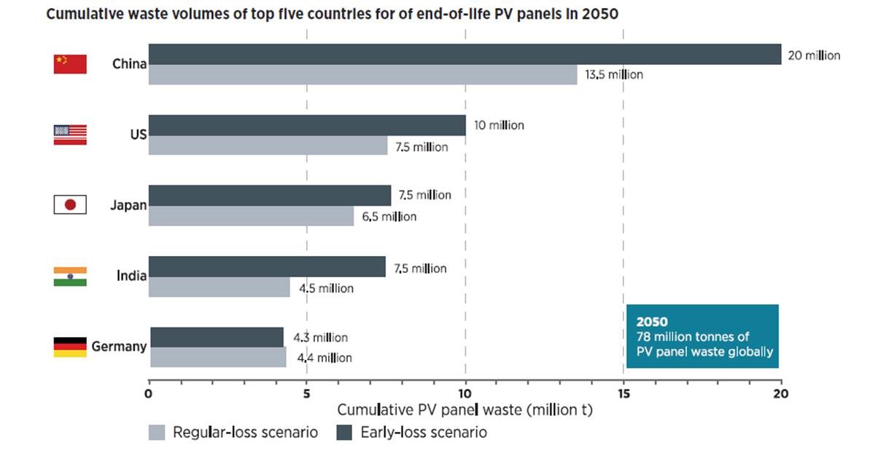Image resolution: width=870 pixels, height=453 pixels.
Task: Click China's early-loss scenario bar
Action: tap(465, 54)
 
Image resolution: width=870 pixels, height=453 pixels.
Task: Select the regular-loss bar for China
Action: tap(362, 74)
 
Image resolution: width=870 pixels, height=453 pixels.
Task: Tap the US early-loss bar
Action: tap(307, 125)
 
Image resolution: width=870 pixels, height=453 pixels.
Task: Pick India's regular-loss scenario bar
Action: tap(219, 287)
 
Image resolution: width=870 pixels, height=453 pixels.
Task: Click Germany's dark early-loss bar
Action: tap(217, 337)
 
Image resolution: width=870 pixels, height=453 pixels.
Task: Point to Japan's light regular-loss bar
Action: tap(251, 216)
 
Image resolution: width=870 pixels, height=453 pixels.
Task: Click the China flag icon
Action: tap(70, 64)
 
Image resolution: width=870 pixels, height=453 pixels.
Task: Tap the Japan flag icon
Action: tap(70, 205)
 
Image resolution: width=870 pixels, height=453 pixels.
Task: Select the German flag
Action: tap(70, 346)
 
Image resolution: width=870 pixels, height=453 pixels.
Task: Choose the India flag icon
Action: tap(70, 276)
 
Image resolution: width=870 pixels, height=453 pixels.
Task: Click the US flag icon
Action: tap(70, 134)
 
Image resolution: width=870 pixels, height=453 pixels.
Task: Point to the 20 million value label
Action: tap(814, 55)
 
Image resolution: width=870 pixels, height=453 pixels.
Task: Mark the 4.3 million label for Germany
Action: tap(320, 338)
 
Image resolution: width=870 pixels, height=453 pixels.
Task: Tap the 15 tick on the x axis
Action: tap(623, 394)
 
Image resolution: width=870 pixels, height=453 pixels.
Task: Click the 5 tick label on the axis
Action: tap(306, 394)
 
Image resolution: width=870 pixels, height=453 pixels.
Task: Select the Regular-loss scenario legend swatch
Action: tap(157, 433)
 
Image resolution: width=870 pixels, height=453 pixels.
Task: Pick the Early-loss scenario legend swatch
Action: tap(344, 433)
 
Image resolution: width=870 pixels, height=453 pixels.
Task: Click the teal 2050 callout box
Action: tap(702, 336)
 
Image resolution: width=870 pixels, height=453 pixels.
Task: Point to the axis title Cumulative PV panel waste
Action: tap(465, 410)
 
